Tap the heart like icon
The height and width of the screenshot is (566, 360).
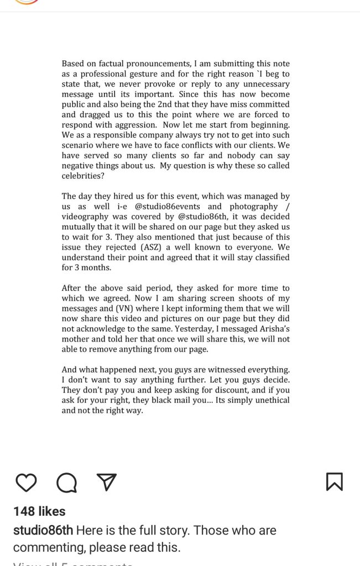[x=25, y=482]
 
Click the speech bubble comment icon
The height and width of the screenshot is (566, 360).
[x=66, y=483]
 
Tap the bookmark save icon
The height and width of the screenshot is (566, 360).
[x=334, y=481]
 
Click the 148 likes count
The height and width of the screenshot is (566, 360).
[x=39, y=511]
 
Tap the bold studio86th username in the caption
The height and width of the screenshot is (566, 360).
[x=43, y=530]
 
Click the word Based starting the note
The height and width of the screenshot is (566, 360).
[x=73, y=64]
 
